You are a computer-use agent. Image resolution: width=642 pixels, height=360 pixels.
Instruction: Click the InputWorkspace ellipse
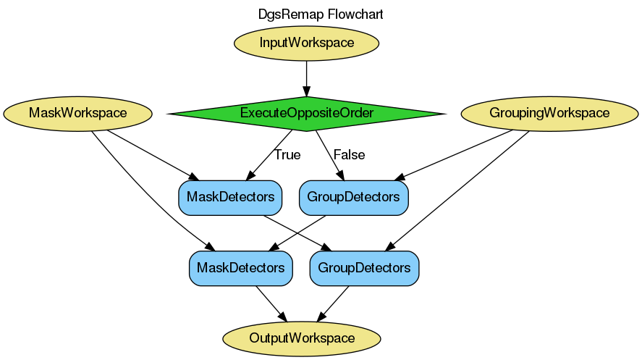tap(307, 43)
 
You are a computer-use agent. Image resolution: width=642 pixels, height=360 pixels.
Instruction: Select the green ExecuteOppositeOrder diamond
tap(306, 113)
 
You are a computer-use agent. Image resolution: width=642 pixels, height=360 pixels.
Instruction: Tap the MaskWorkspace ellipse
tap(77, 113)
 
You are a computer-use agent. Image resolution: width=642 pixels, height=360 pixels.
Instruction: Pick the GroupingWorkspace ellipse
tap(549, 113)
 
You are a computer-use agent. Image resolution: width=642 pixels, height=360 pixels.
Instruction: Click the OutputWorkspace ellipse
tap(302, 338)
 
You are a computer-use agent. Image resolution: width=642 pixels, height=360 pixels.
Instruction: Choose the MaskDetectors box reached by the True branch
tap(230, 196)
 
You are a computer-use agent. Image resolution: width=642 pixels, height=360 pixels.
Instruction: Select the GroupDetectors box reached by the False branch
tap(353, 196)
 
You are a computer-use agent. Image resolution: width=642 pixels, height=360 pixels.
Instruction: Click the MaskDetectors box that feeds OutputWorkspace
tap(241, 268)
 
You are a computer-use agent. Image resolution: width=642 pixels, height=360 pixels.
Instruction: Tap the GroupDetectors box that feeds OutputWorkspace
tap(364, 268)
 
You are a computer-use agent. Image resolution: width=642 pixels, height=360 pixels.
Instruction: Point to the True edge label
tap(287, 155)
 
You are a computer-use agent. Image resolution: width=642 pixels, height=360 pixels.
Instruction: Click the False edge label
tap(349, 155)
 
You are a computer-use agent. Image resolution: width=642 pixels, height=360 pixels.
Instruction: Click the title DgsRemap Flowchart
tap(321, 14)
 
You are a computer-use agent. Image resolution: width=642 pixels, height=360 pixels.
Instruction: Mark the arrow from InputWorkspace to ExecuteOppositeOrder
tap(307, 77)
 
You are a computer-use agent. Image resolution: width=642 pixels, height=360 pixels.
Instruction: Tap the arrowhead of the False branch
tap(339, 175)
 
